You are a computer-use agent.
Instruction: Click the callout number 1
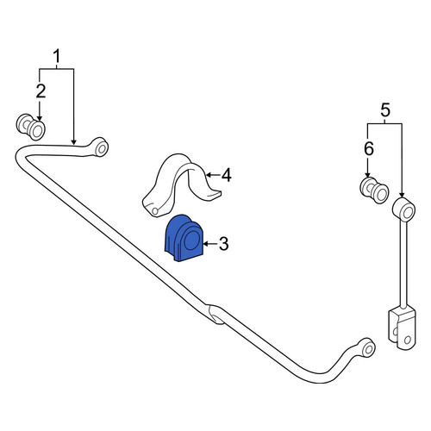click(57, 56)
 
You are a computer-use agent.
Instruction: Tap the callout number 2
click(41, 91)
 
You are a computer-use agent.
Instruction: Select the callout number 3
click(223, 244)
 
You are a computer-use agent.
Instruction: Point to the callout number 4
click(227, 175)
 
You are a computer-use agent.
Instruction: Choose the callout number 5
click(385, 110)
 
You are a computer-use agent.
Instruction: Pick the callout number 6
click(369, 149)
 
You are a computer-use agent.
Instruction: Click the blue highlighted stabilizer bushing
click(184, 238)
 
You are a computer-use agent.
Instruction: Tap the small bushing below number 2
click(30, 127)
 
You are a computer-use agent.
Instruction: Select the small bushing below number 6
click(374, 191)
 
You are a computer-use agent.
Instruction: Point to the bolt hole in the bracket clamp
click(155, 211)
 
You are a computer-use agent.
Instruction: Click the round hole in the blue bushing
click(191, 240)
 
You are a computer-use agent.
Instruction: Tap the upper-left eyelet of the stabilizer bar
click(101, 147)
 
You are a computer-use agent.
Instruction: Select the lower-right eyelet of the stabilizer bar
click(367, 347)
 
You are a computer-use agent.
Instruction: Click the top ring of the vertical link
click(403, 209)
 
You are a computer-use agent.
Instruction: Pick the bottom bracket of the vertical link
click(402, 328)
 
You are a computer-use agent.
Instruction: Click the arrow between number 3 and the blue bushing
click(210, 244)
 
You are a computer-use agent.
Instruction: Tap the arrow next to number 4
click(213, 174)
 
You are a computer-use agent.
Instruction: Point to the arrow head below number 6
click(367, 175)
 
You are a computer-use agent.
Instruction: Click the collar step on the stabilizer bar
click(215, 315)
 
